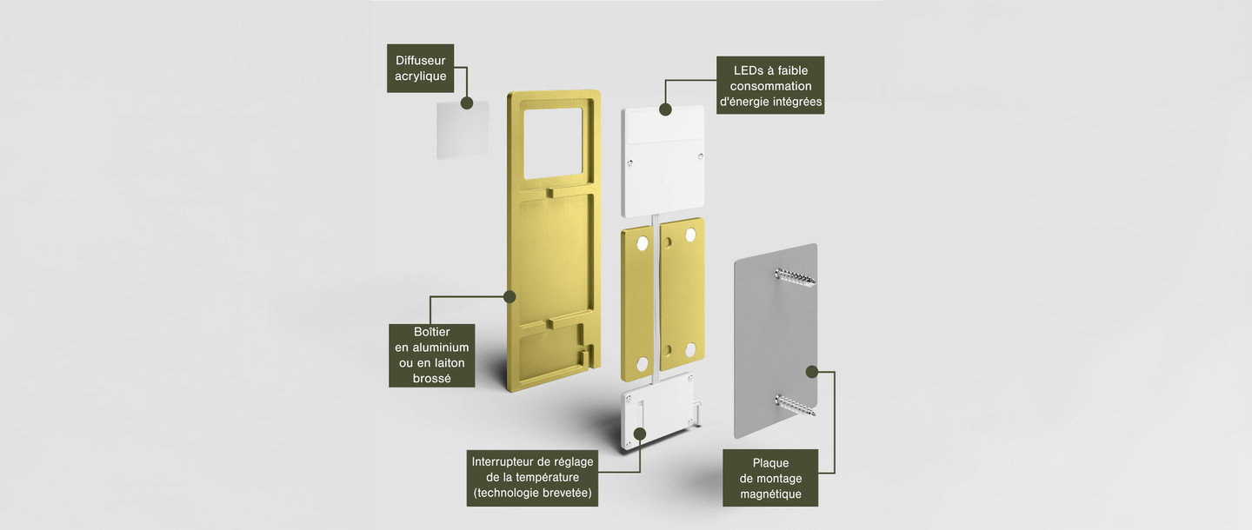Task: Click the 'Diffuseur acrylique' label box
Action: tap(420, 68)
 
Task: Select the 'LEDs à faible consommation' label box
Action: tap(770, 85)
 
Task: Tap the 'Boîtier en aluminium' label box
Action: tap(431, 355)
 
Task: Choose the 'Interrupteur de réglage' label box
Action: tap(532, 478)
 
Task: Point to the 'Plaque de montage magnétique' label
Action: tap(770, 478)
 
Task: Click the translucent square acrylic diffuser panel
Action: tap(463, 129)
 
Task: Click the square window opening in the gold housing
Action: tap(553, 143)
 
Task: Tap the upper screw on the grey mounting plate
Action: tap(795, 276)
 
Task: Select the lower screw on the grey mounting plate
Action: tap(795, 405)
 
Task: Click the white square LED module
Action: tap(663, 161)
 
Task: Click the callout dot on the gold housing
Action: tap(509, 297)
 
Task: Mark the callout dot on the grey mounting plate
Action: tap(812, 372)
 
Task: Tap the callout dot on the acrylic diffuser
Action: tap(467, 103)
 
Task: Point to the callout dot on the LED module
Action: tap(665, 109)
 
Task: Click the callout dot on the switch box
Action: tap(641, 434)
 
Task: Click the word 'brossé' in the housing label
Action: tap(431, 379)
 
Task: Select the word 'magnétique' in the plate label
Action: tap(770, 494)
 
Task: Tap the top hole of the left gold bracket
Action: tap(643, 243)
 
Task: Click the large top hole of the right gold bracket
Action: tap(690, 235)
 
